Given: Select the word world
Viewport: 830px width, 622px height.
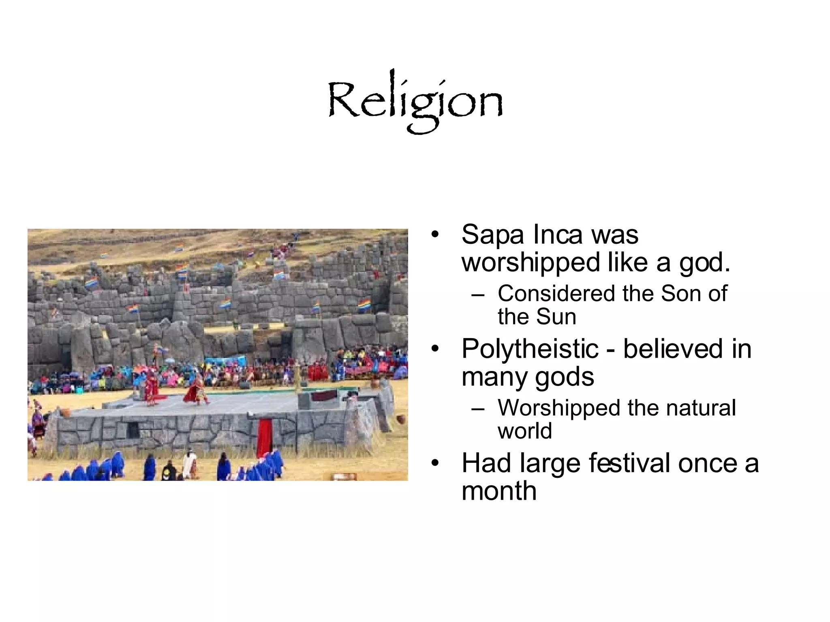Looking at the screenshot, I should (525, 431).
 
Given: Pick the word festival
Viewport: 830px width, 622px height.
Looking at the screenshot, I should (629, 463).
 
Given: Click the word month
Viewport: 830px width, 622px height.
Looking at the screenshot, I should (499, 491).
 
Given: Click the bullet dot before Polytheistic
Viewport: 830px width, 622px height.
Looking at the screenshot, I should (435, 349).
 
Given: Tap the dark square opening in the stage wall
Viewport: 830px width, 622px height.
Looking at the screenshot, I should (133, 429).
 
